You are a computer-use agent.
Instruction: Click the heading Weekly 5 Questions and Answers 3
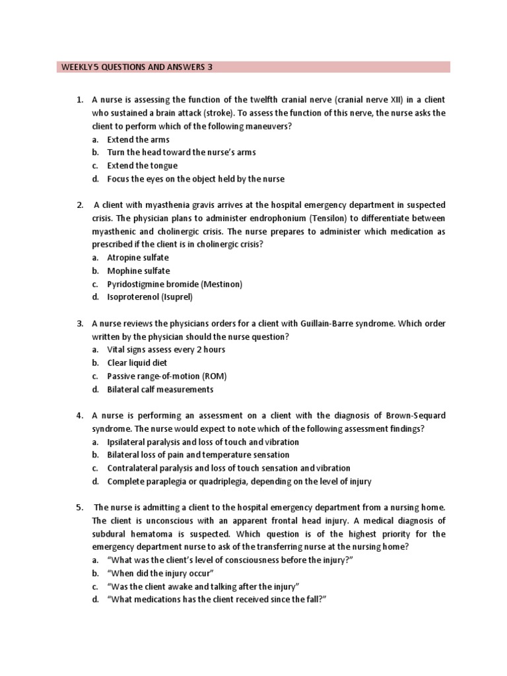[137, 67]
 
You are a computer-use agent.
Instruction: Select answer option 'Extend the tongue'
[142, 166]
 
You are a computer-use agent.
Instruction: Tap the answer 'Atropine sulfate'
[138, 257]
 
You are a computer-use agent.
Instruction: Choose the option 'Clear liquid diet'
[137, 362]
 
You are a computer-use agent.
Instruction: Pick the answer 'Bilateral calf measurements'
[160, 389]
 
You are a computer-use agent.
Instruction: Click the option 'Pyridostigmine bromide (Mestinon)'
[175, 284]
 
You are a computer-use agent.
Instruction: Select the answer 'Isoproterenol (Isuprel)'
[150, 297]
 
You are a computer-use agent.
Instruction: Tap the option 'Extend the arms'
[138, 139]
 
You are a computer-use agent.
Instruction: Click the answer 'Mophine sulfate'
[139, 271]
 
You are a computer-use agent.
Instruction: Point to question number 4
[79, 415]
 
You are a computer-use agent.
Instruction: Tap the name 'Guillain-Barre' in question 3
[329, 323]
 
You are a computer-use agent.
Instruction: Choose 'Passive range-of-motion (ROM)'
[167, 376]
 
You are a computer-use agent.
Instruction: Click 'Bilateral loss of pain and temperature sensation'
[198, 455]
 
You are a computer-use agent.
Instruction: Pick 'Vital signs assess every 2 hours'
[166, 349]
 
